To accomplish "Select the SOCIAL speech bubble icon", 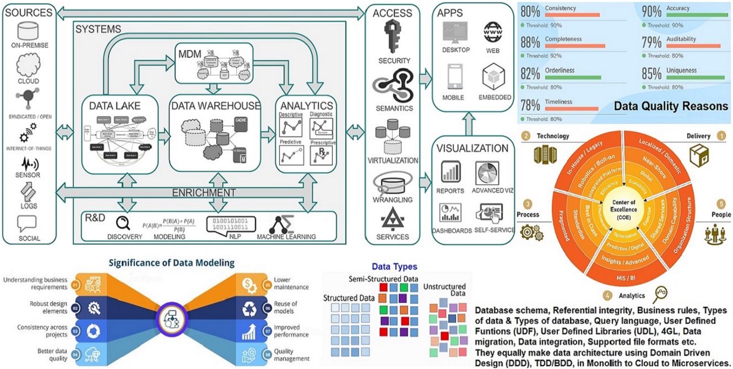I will [x=27, y=223].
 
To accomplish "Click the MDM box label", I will [x=190, y=55].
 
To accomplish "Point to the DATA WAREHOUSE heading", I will [x=215, y=106].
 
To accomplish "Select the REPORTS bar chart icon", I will [x=450, y=171].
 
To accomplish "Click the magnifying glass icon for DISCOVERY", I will [x=122, y=223].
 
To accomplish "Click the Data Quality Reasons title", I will [x=671, y=106].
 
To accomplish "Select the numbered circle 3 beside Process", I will [x=527, y=203].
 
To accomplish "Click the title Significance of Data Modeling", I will [x=171, y=263].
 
